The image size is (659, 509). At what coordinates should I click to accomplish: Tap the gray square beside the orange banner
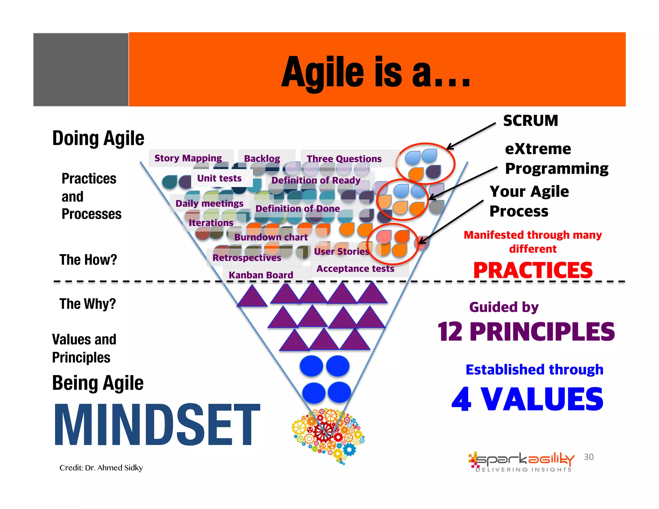point(81,69)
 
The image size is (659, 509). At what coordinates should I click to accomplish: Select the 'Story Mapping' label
point(188,158)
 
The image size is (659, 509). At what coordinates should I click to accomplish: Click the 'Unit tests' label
point(219,178)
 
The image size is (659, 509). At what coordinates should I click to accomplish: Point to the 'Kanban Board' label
point(261,275)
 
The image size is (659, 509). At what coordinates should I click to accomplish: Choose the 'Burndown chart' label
point(271,237)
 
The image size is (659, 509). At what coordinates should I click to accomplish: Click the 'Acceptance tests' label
point(355,269)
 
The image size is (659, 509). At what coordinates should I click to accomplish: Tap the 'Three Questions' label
point(344,159)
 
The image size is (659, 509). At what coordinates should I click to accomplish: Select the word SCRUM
point(531,121)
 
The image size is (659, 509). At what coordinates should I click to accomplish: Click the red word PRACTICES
point(533,270)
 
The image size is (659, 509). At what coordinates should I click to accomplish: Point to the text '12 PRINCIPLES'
point(526,332)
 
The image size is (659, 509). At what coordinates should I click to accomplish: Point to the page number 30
point(589,457)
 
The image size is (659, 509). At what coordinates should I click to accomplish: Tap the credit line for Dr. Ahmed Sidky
point(101,467)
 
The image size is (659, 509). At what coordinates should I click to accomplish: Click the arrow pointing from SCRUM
point(471,136)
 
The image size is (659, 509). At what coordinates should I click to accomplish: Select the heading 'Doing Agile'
point(98,138)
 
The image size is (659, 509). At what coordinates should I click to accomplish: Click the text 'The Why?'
point(88,304)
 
